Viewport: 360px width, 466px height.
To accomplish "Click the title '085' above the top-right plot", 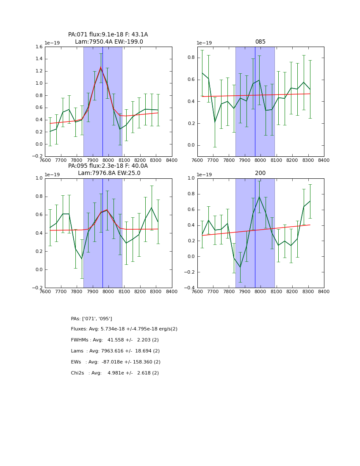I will click(260, 42).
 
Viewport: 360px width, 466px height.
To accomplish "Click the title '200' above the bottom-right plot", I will click(260, 173).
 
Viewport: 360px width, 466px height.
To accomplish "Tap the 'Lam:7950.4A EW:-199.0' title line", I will click(109, 42).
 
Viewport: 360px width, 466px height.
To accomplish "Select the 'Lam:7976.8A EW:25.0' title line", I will click(109, 173).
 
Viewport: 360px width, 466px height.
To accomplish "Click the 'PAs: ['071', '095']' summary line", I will click(91, 319).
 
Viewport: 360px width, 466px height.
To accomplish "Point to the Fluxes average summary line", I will click(124, 329).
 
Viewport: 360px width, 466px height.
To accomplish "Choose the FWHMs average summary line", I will click(115, 340).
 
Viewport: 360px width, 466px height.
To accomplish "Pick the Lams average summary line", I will click(115, 351).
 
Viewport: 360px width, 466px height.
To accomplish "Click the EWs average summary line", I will click(116, 362).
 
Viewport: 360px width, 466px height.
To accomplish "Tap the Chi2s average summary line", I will click(115, 373).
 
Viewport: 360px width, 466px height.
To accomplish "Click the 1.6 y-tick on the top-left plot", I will click(38, 47).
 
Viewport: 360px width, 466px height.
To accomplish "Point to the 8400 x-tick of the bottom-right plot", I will click(324, 291).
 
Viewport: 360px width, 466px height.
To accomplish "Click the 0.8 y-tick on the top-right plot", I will click(191, 58).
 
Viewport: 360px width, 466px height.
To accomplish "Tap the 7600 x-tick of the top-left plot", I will click(45, 160).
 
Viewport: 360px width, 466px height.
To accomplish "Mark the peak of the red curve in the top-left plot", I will click(101, 67).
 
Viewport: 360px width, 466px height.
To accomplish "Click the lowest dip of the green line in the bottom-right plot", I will click(240, 267).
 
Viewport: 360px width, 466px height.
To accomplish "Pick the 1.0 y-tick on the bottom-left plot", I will click(39, 178).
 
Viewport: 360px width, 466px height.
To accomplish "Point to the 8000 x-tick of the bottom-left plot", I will click(108, 291).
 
